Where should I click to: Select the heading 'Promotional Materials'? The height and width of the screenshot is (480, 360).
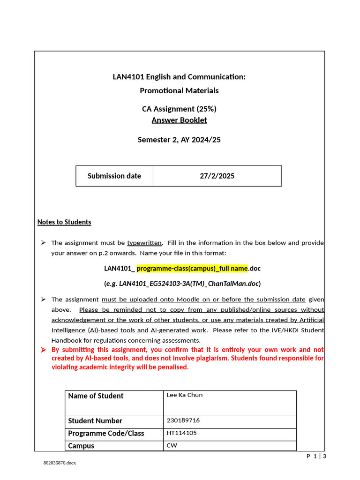[x=179, y=90]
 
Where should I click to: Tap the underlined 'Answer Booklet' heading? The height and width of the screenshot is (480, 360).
[x=179, y=120]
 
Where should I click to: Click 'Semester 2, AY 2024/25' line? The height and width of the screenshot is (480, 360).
[x=179, y=140]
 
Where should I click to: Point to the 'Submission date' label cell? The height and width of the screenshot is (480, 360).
[x=114, y=176]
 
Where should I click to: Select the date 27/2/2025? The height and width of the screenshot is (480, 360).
[x=217, y=176]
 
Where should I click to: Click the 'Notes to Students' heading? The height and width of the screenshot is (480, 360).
[x=64, y=222]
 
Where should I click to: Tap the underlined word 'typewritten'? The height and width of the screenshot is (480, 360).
[x=144, y=243]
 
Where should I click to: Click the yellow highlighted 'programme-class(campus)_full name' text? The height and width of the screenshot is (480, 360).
[x=192, y=269]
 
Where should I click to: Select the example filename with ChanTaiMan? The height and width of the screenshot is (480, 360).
[x=182, y=284]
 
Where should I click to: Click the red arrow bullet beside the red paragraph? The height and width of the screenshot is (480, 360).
[x=43, y=350]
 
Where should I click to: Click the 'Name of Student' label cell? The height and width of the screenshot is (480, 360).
[x=96, y=396]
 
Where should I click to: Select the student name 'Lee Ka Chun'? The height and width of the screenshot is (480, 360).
[x=185, y=395]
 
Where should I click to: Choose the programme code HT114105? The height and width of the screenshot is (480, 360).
[x=182, y=433]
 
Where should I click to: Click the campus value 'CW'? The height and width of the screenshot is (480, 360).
[x=172, y=446]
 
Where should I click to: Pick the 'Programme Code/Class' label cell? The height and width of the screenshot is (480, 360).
[x=106, y=434]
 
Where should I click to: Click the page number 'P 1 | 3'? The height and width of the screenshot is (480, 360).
[x=316, y=456]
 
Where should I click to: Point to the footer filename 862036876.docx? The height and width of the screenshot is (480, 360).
[x=60, y=463]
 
